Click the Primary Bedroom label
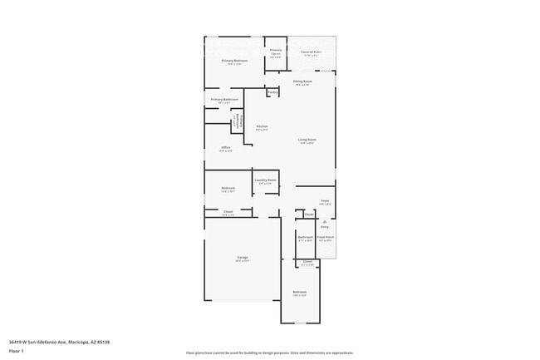233,62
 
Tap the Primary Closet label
276,52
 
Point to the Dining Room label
302,81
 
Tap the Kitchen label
261,127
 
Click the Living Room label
307,140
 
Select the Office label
225,148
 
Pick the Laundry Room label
265,180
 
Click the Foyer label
326,201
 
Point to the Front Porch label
326,238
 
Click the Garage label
242,259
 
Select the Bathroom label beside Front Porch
305,238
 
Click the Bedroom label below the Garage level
299,292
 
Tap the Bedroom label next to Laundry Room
228,189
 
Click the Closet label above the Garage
228,212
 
